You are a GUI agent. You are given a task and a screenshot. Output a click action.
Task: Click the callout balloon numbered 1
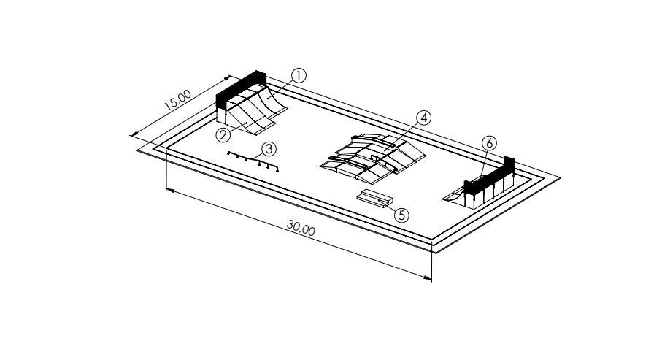coord(299,76)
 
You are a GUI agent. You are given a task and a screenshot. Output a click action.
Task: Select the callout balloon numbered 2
coord(223,135)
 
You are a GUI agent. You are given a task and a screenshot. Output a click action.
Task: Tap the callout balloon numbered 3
coord(269,149)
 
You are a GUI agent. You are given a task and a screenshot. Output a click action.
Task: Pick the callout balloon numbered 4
coord(424,118)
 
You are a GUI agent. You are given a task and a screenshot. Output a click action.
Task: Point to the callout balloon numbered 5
coord(401,215)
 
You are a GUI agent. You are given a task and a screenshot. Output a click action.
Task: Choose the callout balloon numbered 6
coord(489,143)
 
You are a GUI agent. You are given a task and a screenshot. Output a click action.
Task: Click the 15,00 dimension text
coord(178,100)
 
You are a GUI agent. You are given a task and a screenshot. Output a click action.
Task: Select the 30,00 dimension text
coord(301,228)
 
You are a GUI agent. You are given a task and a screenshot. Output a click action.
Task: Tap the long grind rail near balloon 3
coord(253,161)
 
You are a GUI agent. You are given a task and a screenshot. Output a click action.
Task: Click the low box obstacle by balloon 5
coord(375,198)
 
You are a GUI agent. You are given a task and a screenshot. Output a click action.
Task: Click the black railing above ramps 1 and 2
coord(241,88)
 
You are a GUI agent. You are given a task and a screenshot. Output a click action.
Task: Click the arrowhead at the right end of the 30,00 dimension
coord(427,277)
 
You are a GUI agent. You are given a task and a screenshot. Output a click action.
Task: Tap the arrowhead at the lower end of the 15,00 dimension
coord(134,134)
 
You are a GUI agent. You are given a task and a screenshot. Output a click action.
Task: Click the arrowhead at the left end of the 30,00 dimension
coord(171,191)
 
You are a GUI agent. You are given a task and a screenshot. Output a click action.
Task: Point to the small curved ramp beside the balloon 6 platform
coord(454,196)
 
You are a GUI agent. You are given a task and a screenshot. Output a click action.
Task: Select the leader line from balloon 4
coord(402,134)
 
